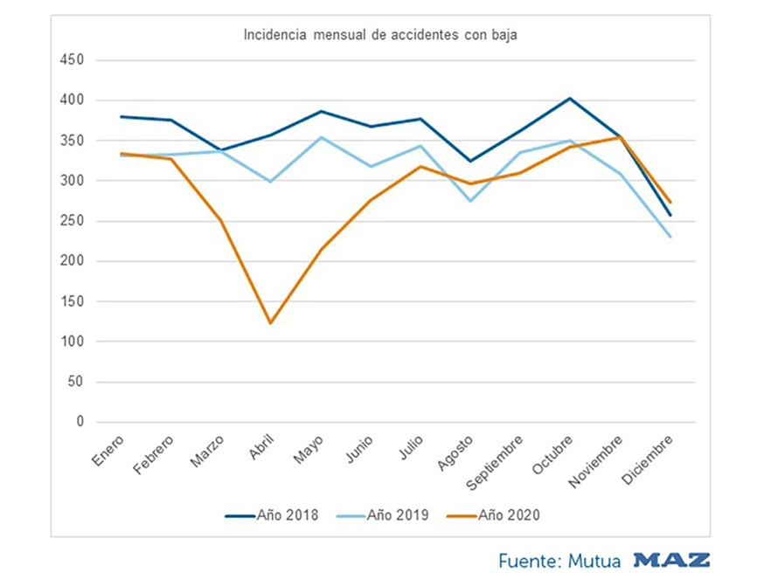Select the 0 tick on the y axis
pyautogui.click(x=80, y=422)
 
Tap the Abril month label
pyautogui.click(x=260, y=448)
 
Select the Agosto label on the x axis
pyautogui.click(x=459, y=451)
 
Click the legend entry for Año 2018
pyautogui.click(x=272, y=515)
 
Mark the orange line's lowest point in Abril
pyautogui.click(x=271, y=323)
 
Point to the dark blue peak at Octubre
pyautogui.click(x=570, y=99)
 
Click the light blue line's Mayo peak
pyautogui.click(x=321, y=137)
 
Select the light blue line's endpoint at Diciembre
pyautogui.click(x=670, y=237)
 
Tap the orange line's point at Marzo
pyautogui.click(x=221, y=221)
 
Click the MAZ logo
pyautogui.click(x=671, y=560)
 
